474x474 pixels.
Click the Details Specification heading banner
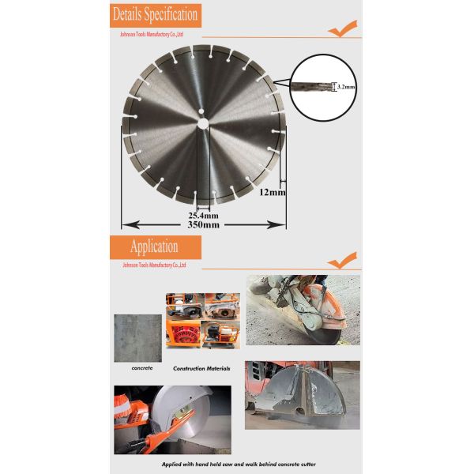(x=155, y=15)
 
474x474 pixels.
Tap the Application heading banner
(x=155, y=246)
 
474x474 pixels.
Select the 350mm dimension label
(x=203, y=225)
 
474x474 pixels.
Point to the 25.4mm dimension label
(x=203, y=214)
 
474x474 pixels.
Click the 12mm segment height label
(x=272, y=191)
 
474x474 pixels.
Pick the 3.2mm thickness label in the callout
(x=346, y=86)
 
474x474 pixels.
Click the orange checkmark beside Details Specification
(x=342, y=30)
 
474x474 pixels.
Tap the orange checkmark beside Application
(x=342, y=260)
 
